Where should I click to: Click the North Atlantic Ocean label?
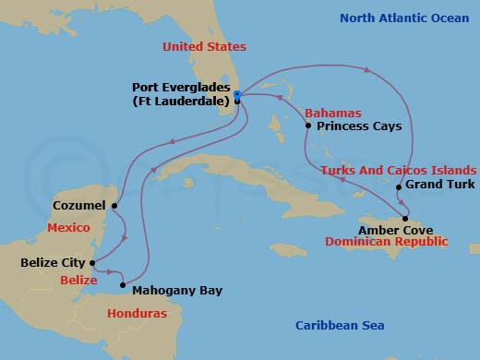[x=403, y=18]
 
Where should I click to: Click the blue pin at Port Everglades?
[x=237, y=95]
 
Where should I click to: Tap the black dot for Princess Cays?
[x=308, y=126]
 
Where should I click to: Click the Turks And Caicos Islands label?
[x=398, y=171]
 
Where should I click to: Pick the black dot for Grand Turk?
[x=398, y=188]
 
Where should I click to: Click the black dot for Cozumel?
[x=114, y=206]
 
